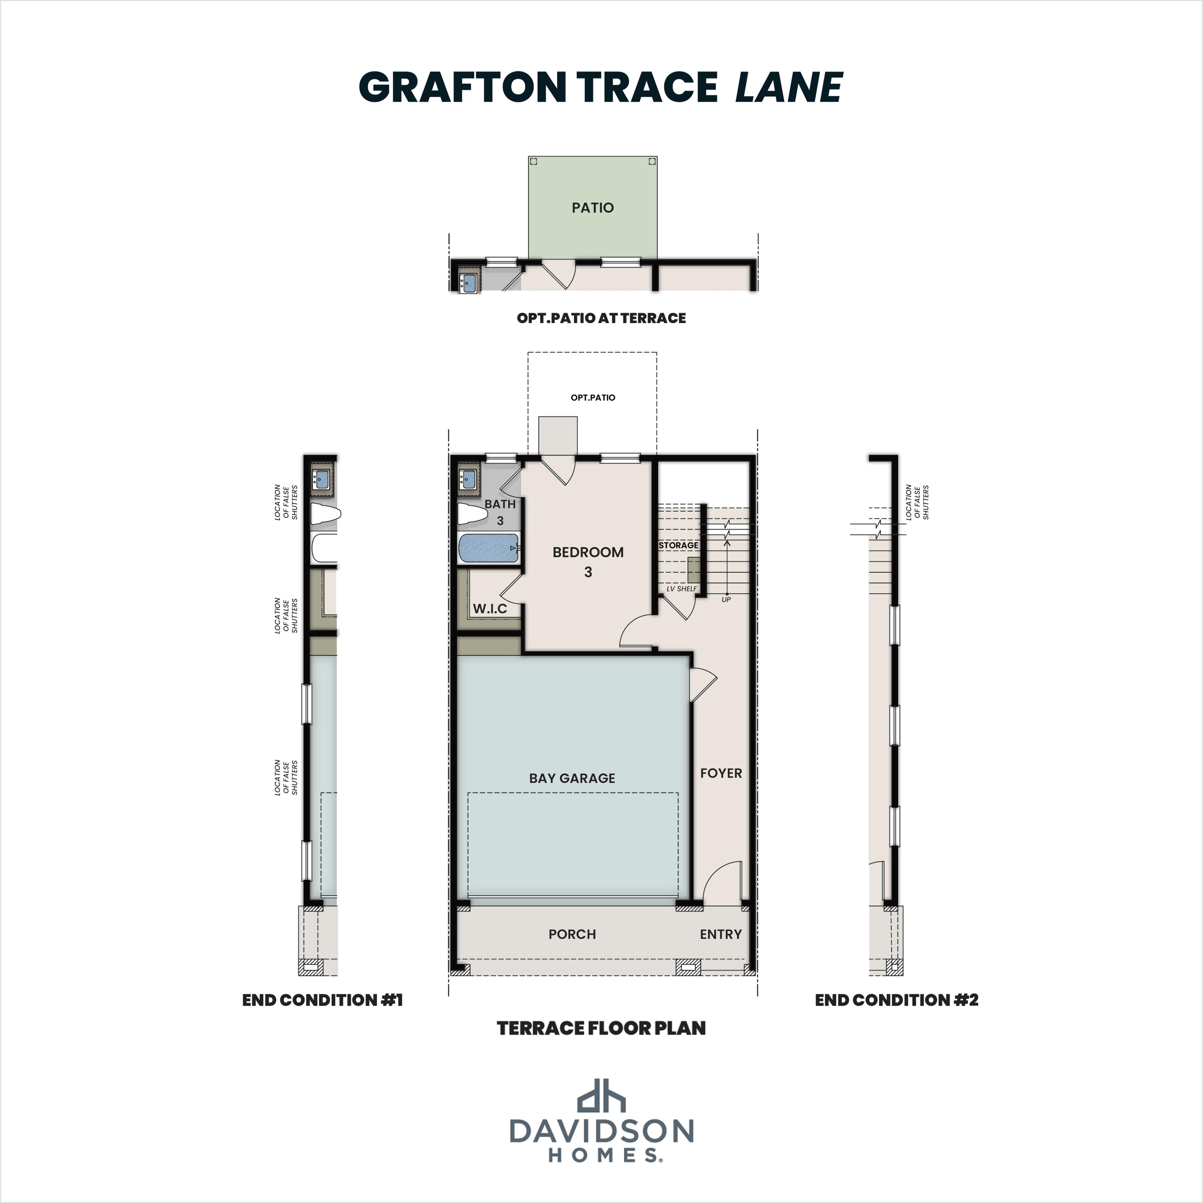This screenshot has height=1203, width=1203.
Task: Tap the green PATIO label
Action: [x=592, y=207]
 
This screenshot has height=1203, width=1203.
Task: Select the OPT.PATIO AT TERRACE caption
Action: [x=601, y=318]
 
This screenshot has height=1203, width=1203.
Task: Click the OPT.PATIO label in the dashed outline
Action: [x=592, y=397]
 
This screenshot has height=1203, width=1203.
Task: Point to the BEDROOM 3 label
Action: [x=588, y=561]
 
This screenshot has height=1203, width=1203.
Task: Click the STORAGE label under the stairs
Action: [x=678, y=545]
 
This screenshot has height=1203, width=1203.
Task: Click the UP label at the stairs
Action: [x=726, y=599]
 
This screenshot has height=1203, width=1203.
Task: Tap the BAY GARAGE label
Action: [x=572, y=778]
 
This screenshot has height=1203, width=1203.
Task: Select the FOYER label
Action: [x=721, y=773]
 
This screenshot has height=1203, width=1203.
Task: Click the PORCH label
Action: [x=572, y=934]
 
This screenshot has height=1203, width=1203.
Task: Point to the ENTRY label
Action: [x=721, y=934]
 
